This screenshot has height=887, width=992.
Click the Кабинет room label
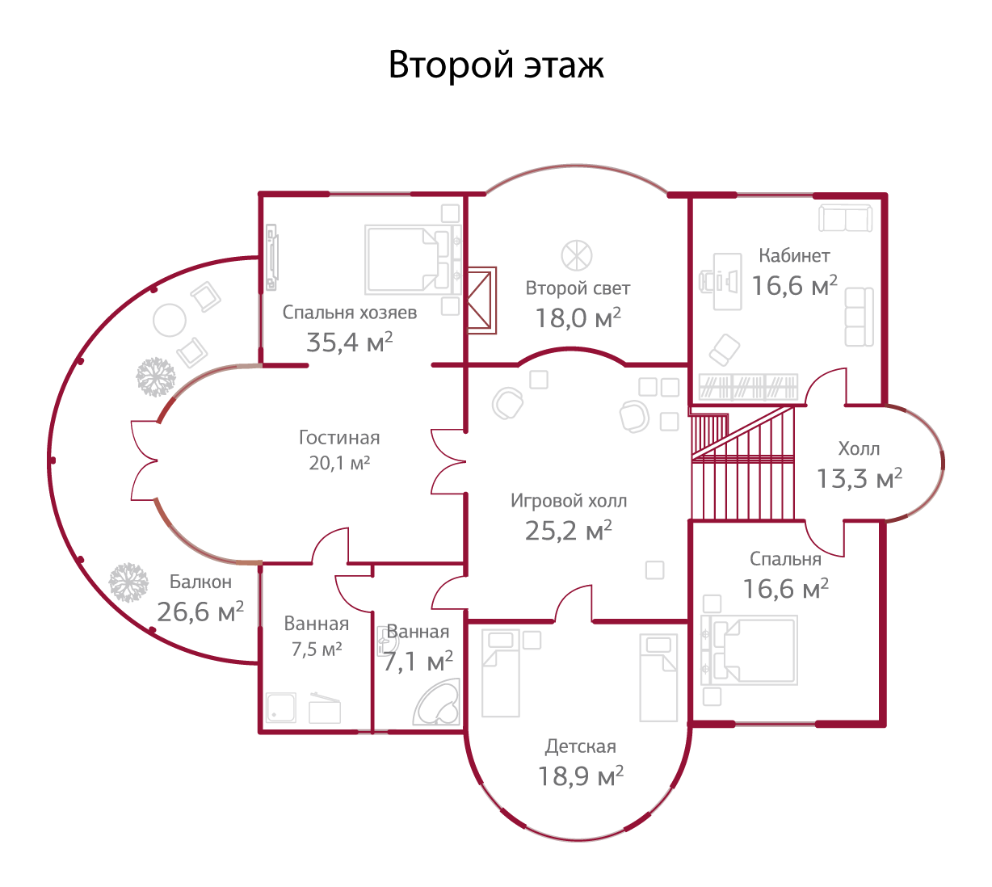794,256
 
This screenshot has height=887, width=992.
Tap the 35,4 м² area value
349,343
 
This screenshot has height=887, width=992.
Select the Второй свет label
578,288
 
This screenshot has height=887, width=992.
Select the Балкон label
200,582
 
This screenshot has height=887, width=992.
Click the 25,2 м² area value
568,531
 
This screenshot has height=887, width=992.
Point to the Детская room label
580,746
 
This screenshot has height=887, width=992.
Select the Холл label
859,449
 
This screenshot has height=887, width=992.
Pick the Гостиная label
339,438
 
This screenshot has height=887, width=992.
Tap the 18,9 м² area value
580,777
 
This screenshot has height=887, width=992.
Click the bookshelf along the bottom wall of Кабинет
748,387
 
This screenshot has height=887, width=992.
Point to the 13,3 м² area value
859,479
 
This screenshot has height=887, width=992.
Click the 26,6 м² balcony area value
200,612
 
